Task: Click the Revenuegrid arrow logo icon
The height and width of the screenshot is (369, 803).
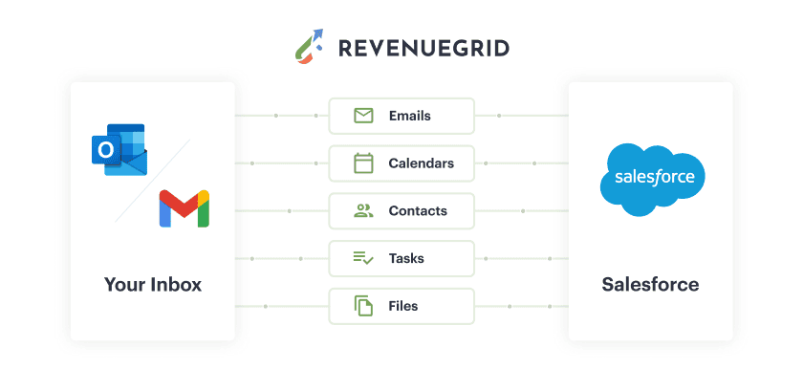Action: (309, 47)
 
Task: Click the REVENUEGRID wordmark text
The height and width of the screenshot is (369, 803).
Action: (423, 49)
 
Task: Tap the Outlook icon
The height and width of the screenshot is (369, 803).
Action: (119, 149)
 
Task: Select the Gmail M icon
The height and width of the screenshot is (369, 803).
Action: (184, 208)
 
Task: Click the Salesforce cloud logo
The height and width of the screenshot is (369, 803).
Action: (652, 179)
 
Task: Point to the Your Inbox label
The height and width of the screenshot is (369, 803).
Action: (153, 284)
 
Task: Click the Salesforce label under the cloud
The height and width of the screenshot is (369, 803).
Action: (650, 284)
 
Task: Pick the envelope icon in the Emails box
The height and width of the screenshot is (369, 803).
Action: (363, 116)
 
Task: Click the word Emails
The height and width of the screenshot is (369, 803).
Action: (410, 116)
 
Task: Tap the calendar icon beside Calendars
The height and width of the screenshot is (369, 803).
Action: (363, 163)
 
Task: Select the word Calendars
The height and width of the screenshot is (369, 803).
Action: (421, 163)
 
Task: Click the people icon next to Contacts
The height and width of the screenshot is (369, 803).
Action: (363, 210)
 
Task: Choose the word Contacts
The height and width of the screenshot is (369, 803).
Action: (418, 211)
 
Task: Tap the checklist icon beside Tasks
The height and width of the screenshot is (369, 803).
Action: (363, 258)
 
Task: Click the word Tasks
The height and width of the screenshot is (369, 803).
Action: (406, 258)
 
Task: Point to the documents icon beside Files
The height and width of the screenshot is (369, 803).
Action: (363, 306)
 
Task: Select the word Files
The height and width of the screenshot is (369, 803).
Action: (403, 306)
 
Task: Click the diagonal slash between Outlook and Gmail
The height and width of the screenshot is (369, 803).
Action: (153, 181)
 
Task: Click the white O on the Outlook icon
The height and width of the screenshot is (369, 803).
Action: (106, 150)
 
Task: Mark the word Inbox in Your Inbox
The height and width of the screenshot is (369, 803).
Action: (176, 284)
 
